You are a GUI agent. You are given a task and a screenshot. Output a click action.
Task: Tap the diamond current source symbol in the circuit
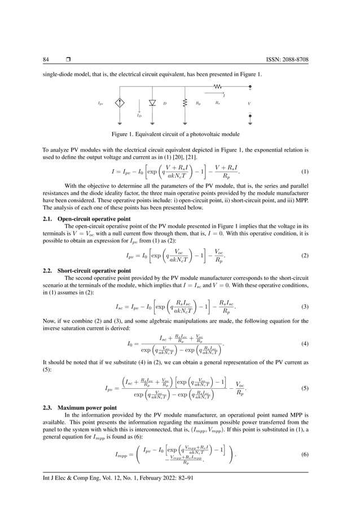click(x=120, y=103)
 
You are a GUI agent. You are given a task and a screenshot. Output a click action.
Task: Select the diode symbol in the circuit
click(x=152, y=103)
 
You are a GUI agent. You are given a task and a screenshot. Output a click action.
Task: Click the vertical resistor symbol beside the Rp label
click(x=185, y=103)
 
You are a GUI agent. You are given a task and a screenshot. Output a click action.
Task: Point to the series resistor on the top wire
click(x=217, y=87)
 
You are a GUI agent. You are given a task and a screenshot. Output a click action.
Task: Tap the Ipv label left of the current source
click(x=100, y=104)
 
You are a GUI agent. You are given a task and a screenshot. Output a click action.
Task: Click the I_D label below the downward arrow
click(x=139, y=115)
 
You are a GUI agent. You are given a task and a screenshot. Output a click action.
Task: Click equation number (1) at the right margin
click(x=305, y=172)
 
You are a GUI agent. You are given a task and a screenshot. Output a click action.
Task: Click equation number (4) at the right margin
click(x=305, y=344)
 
